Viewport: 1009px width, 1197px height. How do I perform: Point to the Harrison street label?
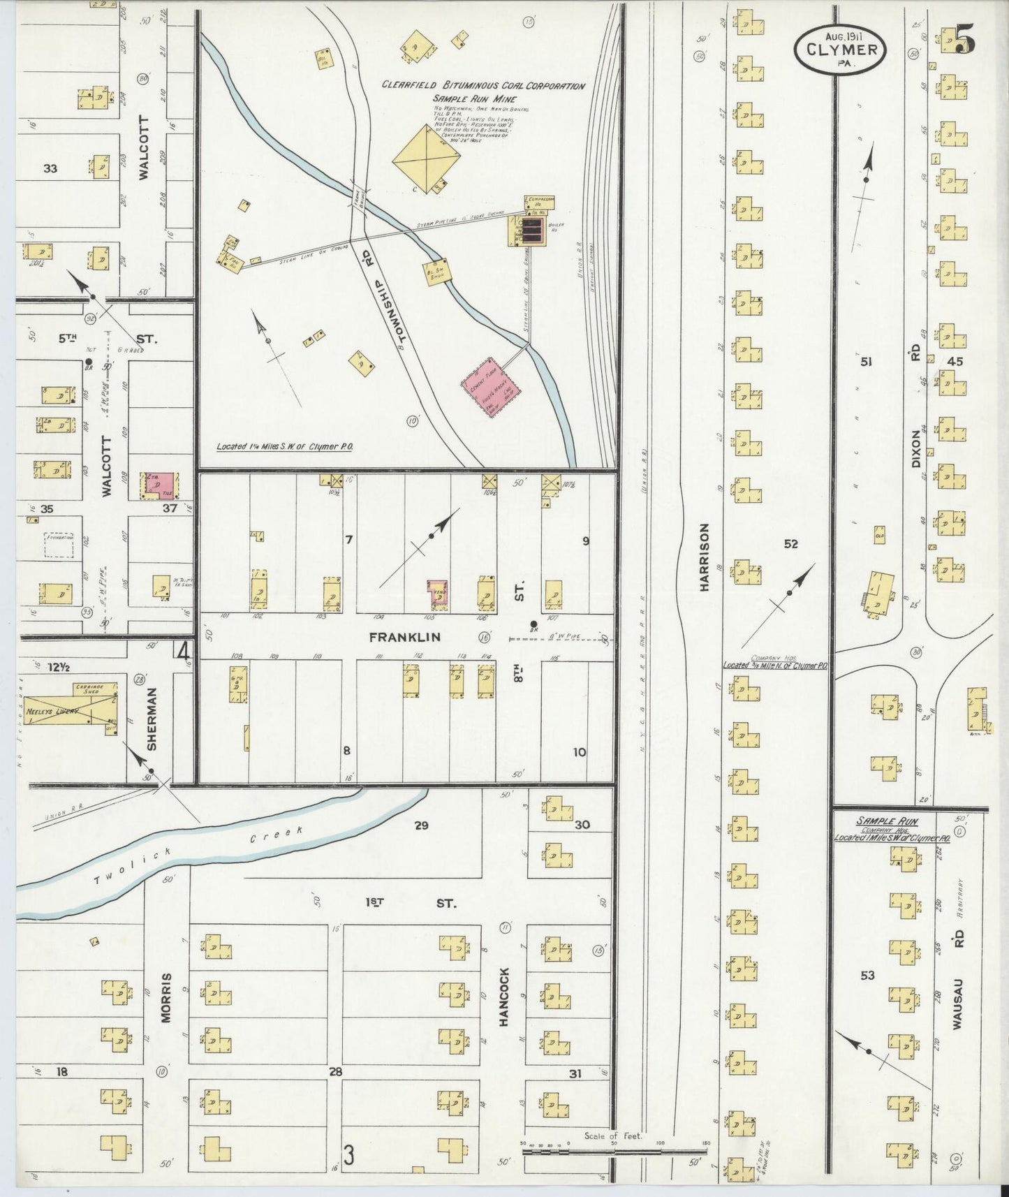tap(704, 557)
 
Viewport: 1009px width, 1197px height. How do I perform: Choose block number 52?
tap(790, 544)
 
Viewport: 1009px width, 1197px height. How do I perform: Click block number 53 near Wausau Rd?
tap(867, 976)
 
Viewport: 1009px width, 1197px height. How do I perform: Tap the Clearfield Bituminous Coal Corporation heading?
tap(483, 86)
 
